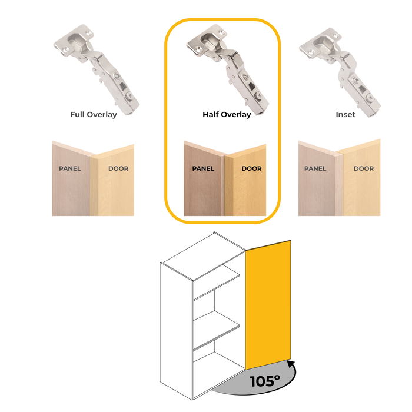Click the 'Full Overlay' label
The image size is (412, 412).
(93, 115)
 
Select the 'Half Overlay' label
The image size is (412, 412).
(227, 115)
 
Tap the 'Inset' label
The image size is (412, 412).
(345, 115)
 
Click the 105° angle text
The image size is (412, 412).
(265, 381)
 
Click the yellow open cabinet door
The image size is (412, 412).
(268, 305)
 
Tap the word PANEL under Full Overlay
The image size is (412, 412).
(70, 168)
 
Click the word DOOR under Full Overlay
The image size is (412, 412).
(118, 168)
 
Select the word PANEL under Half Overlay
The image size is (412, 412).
(203, 168)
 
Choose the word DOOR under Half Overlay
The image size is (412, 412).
(252, 168)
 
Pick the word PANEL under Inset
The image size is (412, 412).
(315, 168)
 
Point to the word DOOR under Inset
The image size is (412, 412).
(364, 168)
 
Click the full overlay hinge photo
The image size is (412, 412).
(97, 69)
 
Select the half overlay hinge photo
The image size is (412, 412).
(228, 69)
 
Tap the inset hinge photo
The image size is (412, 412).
(340, 72)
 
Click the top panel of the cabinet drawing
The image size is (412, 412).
(203, 256)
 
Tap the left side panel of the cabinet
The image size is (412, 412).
(177, 331)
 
